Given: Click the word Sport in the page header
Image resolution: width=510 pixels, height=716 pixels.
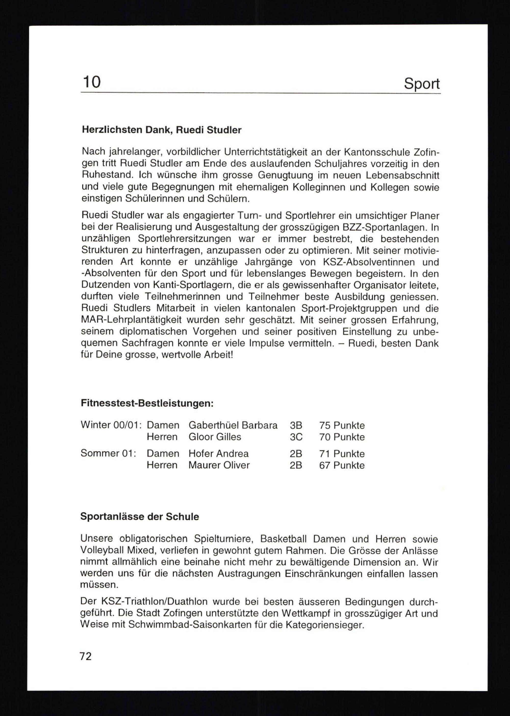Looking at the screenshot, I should [x=422, y=84].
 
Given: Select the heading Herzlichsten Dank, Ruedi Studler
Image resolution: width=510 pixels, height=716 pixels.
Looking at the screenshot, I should [x=161, y=130].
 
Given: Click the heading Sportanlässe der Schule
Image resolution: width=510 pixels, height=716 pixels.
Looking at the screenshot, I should [x=139, y=517].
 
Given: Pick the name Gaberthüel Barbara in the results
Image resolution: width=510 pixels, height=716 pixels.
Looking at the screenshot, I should [x=233, y=425].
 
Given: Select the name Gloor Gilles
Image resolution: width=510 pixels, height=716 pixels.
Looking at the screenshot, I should [x=214, y=437].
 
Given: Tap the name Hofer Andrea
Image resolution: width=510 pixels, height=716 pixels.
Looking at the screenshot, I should [x=218, y=453].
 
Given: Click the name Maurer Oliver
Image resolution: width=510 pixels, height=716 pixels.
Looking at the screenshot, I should [x=219, y=465].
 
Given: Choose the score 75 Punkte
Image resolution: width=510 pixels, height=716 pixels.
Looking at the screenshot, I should [x=342, y=425].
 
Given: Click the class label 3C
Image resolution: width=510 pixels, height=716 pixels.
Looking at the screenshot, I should [x=296, y=437].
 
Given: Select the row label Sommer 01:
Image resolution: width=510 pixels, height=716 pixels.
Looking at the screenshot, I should [x=108, y=453].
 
